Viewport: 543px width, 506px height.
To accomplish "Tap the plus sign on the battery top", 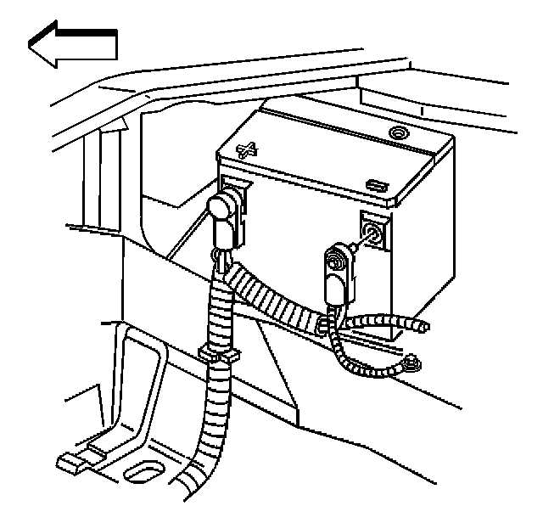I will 247,152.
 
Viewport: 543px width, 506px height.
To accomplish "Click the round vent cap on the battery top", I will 397,133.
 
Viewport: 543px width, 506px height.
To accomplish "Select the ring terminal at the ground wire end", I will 411,363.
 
